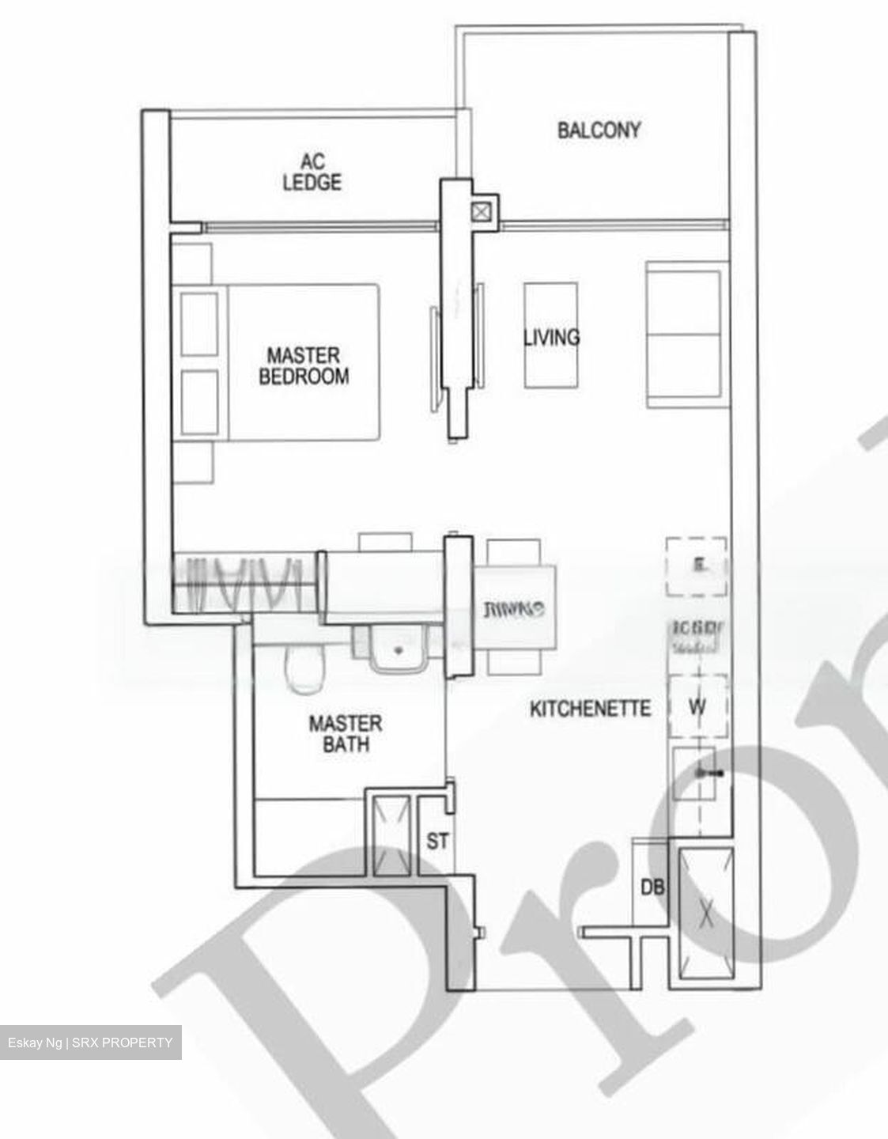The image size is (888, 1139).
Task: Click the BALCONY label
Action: pyautogui.click(x=599, y=131)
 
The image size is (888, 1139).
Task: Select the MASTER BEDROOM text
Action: pyautogui.click(x=304, y=366)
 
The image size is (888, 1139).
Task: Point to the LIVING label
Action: pyautogui.click(x=551, y=337)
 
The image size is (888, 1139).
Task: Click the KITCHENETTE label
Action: pyautogui.click(x=590, y=708)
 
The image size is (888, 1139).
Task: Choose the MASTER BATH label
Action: pyautogui.click(x=345, y=733)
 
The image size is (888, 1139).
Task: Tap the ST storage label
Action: pyautogui.click(x=437, y=841)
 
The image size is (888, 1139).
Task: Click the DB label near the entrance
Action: pyautogui.click(x=652, y=887)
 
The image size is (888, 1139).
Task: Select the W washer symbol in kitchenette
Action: pyautogui.click(x=697, y=706)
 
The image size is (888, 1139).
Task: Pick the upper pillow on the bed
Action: pyautogui.click(x=199, y=324)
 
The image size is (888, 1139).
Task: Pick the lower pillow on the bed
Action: pyautogui.click(x=199, y=402)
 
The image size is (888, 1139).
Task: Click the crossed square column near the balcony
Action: pyautogui.click(x=481, y=211)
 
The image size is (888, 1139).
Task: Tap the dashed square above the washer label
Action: pyautogui.click(x=696, y=566)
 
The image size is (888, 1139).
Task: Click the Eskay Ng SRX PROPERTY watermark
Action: pyautogui.click(x=90, y=1043)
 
